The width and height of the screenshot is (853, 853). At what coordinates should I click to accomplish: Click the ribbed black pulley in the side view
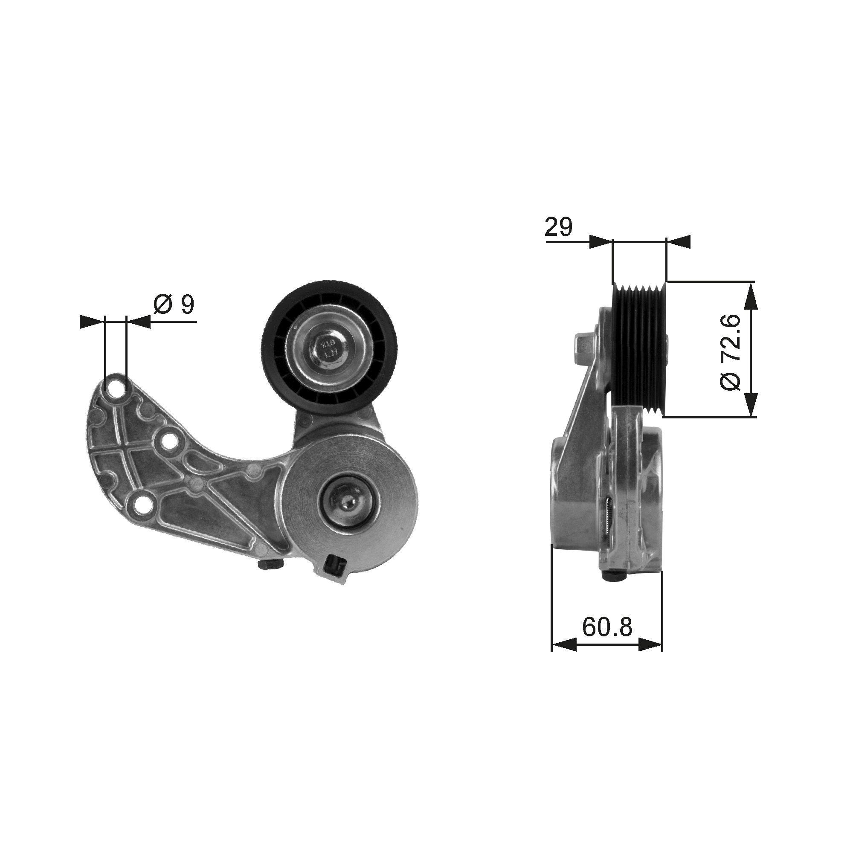click(x=638, y=348)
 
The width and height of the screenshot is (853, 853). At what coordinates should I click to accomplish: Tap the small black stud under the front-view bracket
click(x=271, y=565)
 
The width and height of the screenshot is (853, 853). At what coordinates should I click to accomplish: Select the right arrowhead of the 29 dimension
click(x=678, y=241)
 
